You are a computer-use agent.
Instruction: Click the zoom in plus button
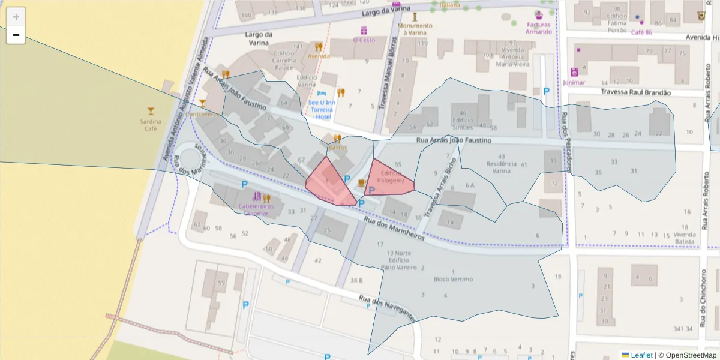tap(16, 17)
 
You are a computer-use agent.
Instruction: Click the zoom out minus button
tap(16, 35)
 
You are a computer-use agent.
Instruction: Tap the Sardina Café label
tap(150, 125)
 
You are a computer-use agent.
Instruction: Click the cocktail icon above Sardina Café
tap(151, 110)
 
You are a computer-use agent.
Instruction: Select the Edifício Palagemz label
tap(392, 176)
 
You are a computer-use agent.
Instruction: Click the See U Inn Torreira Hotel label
tap(322, 109)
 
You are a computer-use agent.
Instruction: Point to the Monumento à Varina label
tap(415, 29)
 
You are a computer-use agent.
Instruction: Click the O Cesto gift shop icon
tap(364, 30)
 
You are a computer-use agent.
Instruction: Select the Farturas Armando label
tap(539, 28)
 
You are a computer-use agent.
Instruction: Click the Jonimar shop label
tap(574, 82)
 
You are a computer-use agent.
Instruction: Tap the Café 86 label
tap(641, 32)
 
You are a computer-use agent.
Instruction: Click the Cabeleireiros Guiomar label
tap(256, 209)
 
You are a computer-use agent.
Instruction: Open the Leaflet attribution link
tap(641, 355)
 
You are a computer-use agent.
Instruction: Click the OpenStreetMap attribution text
tap(690, 355)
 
